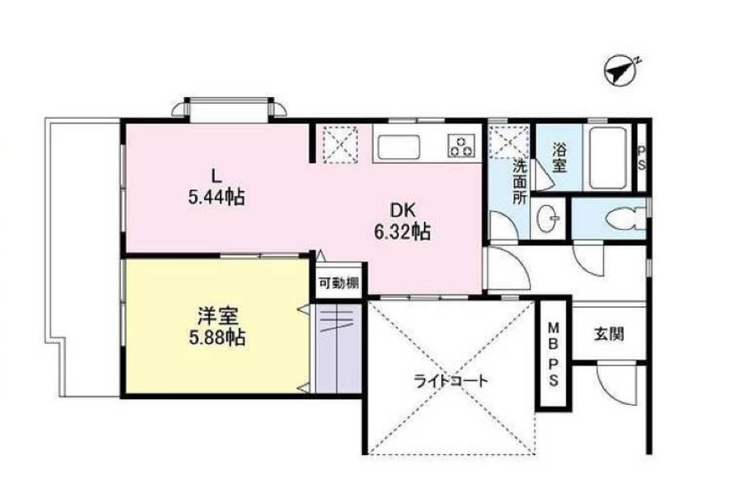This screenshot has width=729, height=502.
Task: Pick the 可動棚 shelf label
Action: coord(338,282)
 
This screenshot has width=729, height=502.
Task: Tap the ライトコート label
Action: coord(450,381)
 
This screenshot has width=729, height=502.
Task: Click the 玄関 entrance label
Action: coord(608,334)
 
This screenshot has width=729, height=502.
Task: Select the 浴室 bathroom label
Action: coord(559,158)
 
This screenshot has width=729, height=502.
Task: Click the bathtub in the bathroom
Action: coord(609,157)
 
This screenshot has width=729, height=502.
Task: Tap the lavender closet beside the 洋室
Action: coord(338,346)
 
